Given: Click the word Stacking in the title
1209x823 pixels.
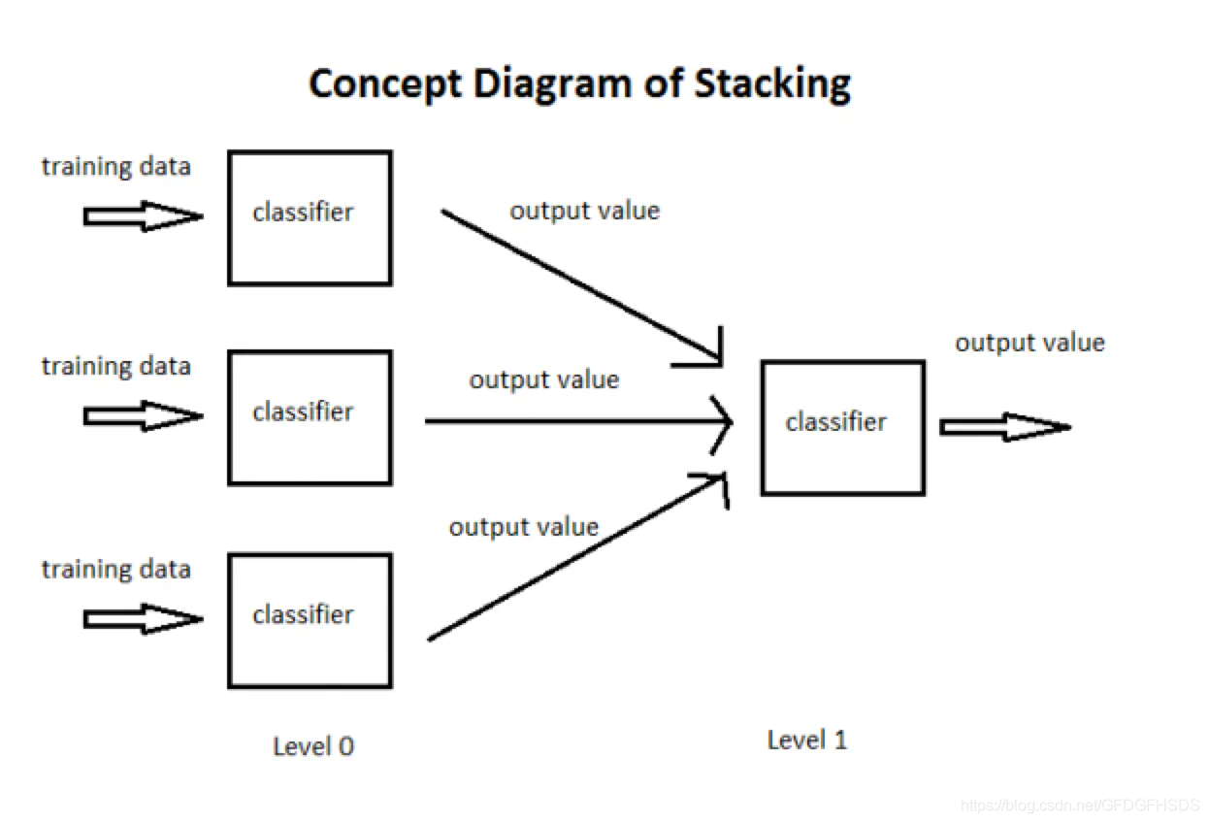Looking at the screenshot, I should (772, 84).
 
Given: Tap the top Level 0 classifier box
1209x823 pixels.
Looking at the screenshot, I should (310, 217).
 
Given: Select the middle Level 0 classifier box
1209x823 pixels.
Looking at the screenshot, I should (310, 417).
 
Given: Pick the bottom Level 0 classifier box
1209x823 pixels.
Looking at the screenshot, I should (310, 620).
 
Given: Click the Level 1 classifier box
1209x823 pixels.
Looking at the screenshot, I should (842, 427).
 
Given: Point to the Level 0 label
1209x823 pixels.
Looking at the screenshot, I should (313, 746).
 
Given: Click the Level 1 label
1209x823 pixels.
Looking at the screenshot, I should (806, 741).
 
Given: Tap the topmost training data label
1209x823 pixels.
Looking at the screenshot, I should (115, 167).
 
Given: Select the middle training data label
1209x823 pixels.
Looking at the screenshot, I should (115, 367).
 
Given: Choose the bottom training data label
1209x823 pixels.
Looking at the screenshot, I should (115, 569).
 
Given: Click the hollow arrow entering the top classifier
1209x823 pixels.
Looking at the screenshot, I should (142, 216).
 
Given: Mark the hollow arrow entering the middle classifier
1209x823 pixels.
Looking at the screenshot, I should (142, 416).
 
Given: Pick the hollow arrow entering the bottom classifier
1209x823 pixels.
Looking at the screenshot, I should (142, 618).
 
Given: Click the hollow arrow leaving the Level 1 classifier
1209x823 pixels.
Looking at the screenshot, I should (1003, 427).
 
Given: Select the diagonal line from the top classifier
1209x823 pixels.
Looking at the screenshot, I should (580, 286).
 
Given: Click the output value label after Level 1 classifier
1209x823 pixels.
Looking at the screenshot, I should (1029, 343).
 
